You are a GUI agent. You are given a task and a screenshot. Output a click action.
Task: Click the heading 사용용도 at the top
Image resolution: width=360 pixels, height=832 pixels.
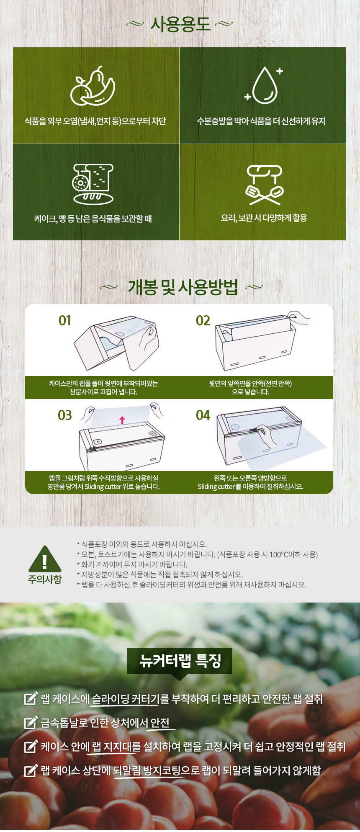coord(180,24)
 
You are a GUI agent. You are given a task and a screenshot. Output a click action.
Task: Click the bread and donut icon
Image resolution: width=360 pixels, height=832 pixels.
coord(93,183)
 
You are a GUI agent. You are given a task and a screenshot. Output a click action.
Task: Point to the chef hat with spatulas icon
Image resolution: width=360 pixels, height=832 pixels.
coord(264,184)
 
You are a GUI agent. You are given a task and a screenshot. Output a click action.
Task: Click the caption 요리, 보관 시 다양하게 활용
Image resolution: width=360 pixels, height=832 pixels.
coord(264,218)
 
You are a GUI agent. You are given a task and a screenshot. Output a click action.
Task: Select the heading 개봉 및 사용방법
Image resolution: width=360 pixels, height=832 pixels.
coord(183,287)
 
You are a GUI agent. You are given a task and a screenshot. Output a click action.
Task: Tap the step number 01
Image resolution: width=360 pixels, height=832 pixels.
coord(65,321)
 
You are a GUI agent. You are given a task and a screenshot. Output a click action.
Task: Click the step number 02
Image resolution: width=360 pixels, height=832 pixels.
coord(203,321)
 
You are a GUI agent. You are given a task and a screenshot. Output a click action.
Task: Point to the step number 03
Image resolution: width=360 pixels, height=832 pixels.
coord(65,415)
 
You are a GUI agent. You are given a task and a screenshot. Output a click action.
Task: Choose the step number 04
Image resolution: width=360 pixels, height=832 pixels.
coord(203,415)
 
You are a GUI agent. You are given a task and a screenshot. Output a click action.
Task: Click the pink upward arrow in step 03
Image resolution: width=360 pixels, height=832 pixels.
coord(122,420)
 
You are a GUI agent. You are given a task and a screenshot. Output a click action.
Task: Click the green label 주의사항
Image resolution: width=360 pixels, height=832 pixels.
coord(45,580)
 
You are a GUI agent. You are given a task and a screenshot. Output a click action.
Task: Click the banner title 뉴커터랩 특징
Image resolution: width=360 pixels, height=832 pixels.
coord(180,661)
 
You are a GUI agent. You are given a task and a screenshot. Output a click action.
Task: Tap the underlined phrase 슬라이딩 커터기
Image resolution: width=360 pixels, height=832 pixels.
coord(125,699)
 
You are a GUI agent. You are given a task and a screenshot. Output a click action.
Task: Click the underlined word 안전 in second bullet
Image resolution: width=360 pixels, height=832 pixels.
coord(160,723)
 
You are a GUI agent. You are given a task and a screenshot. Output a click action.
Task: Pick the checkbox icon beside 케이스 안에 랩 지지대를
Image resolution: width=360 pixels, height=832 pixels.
coord(31,747)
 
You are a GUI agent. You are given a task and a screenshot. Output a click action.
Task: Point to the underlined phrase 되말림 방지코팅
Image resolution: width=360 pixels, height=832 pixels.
coord(147,770)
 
